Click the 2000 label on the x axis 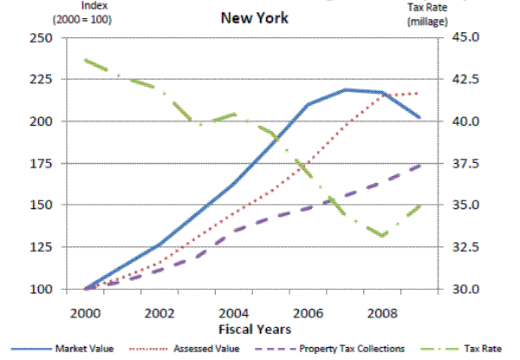point(86,311)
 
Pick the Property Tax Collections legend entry point(353,349)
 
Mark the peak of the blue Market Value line point(346,89)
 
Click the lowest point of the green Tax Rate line point(382,236)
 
